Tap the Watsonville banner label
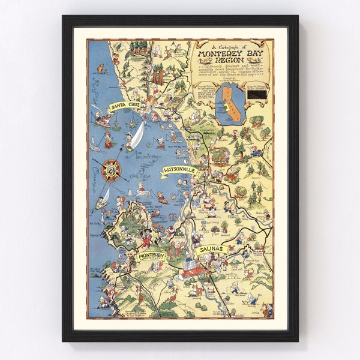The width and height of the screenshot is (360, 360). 179,171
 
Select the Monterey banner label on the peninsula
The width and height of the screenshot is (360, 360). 151,257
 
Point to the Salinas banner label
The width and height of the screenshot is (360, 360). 210,248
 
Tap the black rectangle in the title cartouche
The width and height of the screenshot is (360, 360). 259,94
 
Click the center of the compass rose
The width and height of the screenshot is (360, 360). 111,170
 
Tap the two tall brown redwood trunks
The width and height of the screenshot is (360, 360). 158,74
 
